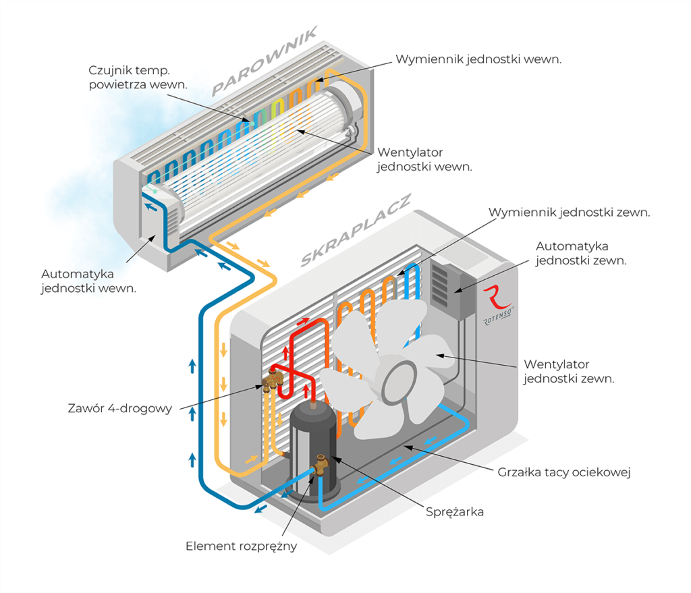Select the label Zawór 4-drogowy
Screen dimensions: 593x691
coord(119,408)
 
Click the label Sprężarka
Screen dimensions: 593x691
coord(454,512)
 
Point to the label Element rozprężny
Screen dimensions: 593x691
coord(241,546)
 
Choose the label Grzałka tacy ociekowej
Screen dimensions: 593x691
coord(563,472)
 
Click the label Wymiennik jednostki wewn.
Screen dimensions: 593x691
coord(478,59)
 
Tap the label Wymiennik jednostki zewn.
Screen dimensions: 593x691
coord(569,212)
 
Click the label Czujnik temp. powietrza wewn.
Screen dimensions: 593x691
coord(138,77)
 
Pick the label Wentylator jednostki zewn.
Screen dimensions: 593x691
coord(569,371)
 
